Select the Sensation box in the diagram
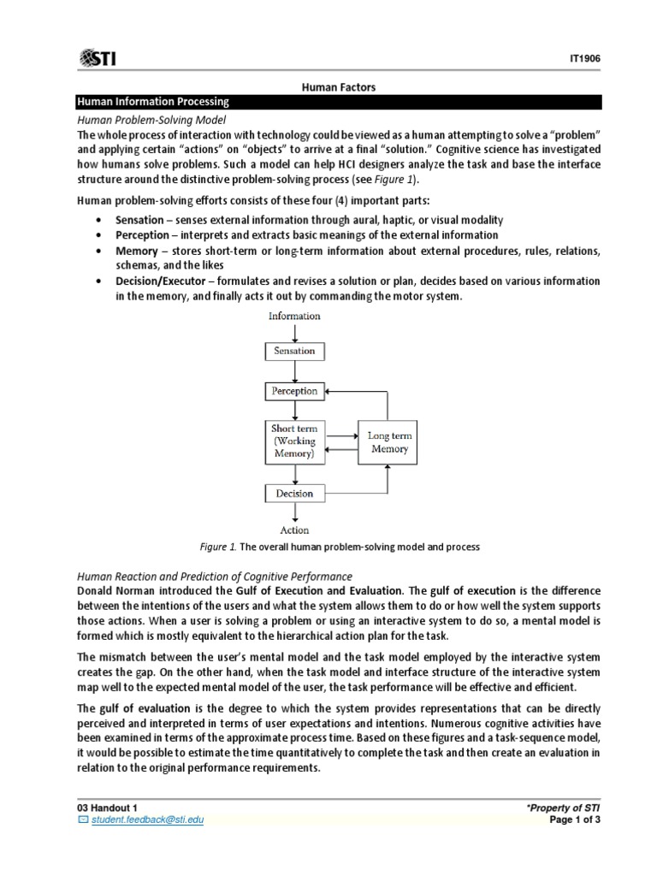click(294, 351)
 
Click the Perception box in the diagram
click(294, 391)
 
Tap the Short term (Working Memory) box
click(294, 441)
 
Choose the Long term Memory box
click(389, 442)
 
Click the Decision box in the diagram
click(294, 493)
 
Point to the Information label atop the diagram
click(294, 316)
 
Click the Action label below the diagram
click(294, 530)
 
